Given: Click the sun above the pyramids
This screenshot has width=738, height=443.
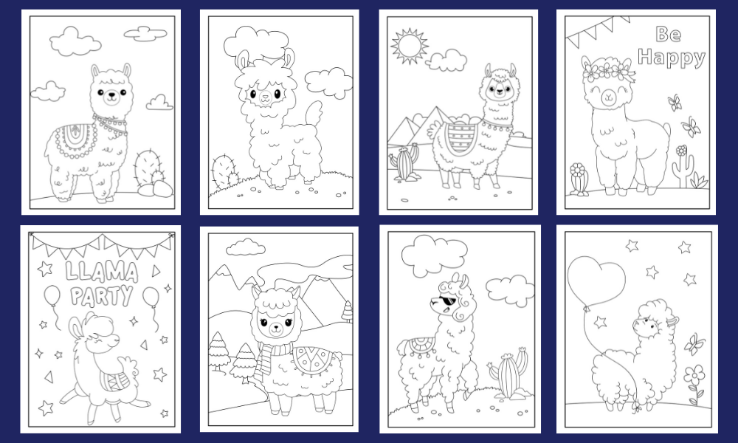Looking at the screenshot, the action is click(x=410, y=46).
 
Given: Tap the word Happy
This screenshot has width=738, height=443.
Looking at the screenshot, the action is click(x=672, y=58).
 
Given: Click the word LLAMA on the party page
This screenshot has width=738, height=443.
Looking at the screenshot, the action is click(x=102, y=272).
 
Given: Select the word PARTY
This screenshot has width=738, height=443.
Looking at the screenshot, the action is click(x=102, y=296).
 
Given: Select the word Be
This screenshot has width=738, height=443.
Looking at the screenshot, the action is click(x=669, y=34).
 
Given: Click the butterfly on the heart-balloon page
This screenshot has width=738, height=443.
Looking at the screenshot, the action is click(x=694, y=343).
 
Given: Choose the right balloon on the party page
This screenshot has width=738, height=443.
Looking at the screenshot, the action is click(x=151, y=297).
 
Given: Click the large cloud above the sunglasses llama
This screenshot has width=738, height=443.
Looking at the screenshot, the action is click(x=435, y=255).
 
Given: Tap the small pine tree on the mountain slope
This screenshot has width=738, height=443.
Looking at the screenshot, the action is click(x=348, y=312).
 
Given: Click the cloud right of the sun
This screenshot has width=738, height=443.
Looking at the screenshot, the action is click(x=446, y=61).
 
